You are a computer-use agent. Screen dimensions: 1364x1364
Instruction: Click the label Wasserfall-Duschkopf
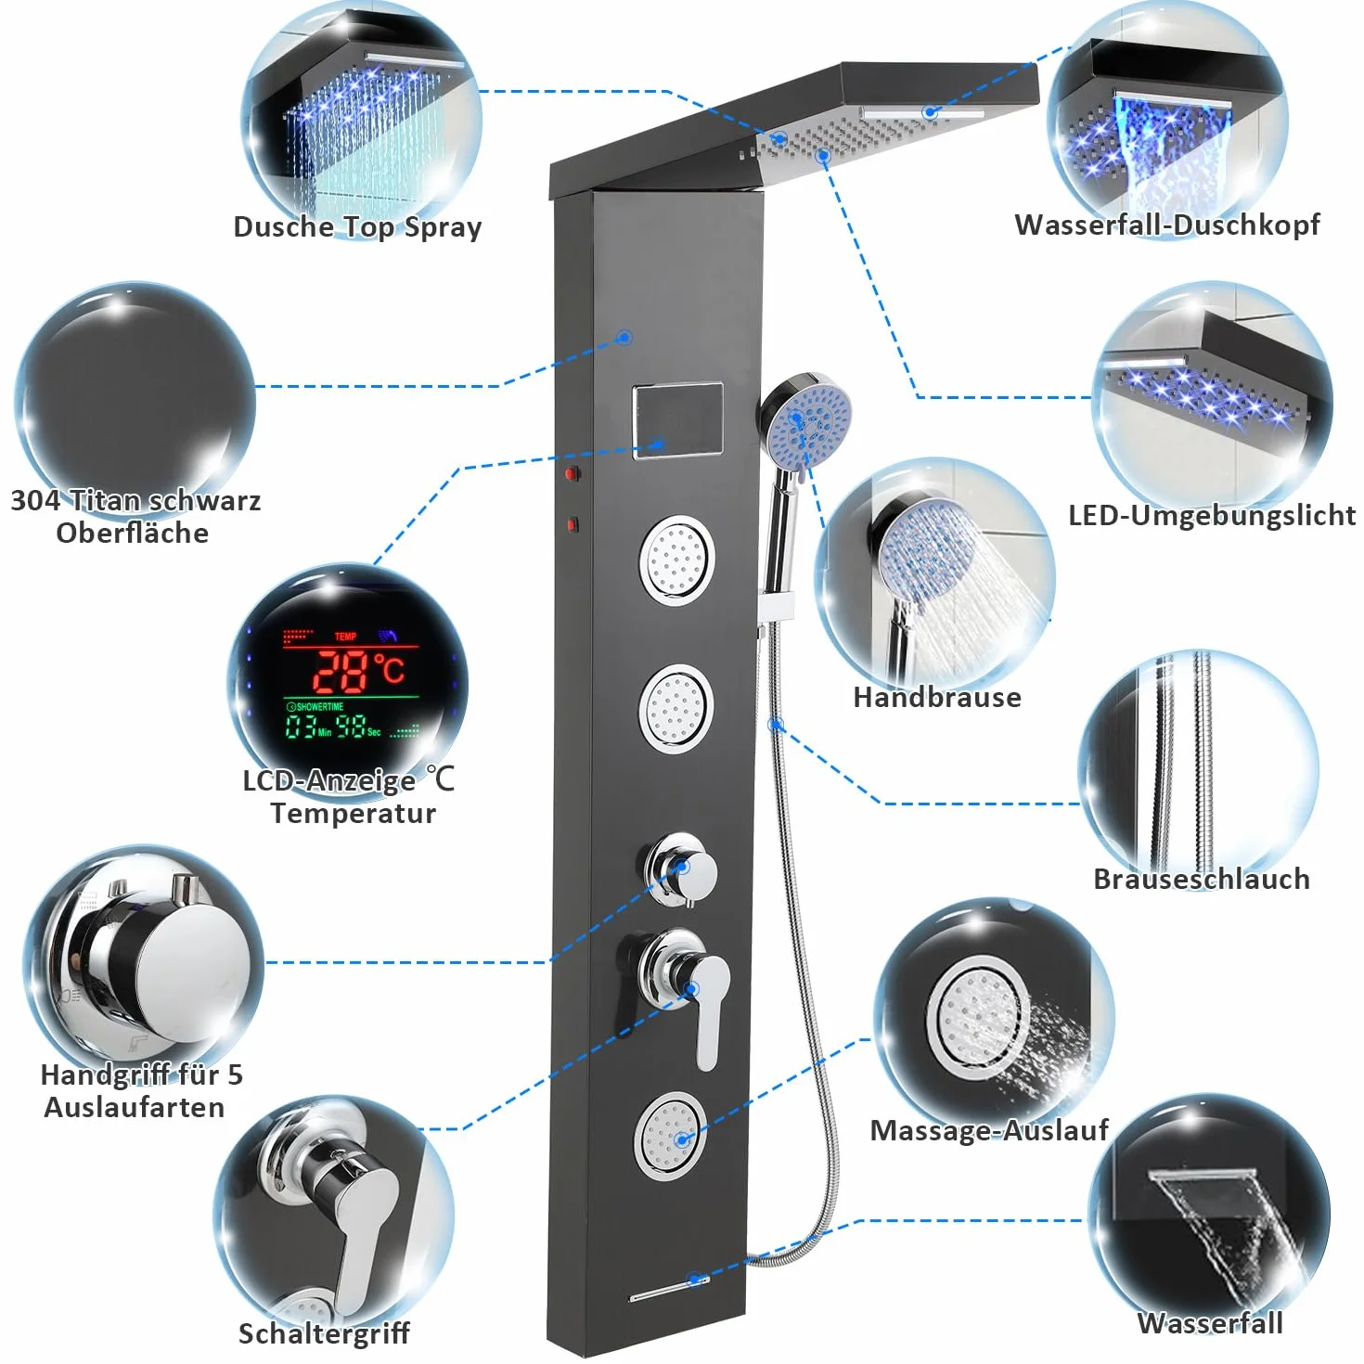[x=1166, y=225]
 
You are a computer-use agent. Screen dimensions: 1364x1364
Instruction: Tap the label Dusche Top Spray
[x=357, y=227]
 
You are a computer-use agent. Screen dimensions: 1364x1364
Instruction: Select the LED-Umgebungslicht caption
[x=1212, y=515]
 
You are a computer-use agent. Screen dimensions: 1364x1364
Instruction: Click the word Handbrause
[x=937, y=697]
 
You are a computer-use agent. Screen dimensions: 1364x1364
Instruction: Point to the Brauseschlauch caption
[x=1202, y=879]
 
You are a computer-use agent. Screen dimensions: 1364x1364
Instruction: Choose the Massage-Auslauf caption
[x=989, y=1130]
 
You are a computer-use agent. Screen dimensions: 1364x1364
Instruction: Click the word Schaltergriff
[x=324, y=1333]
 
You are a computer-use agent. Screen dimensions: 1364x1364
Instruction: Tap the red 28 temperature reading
[x=341, y=672]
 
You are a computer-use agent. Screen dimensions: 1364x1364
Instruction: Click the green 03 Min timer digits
[x=308, y=727]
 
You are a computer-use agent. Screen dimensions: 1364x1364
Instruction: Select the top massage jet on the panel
[x=676, y=560]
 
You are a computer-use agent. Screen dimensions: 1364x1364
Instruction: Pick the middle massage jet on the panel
[x=676, y=709]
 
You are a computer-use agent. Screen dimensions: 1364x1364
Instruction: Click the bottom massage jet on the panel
[x=672, y=1136]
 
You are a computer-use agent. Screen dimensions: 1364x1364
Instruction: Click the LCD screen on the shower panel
[x=677, y=420]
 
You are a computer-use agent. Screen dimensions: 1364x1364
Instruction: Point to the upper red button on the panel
[x=572, y=473]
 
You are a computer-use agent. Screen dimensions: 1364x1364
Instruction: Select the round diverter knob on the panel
[x=680, y=869]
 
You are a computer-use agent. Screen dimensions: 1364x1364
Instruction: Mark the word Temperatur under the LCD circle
[x=354, y=814]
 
